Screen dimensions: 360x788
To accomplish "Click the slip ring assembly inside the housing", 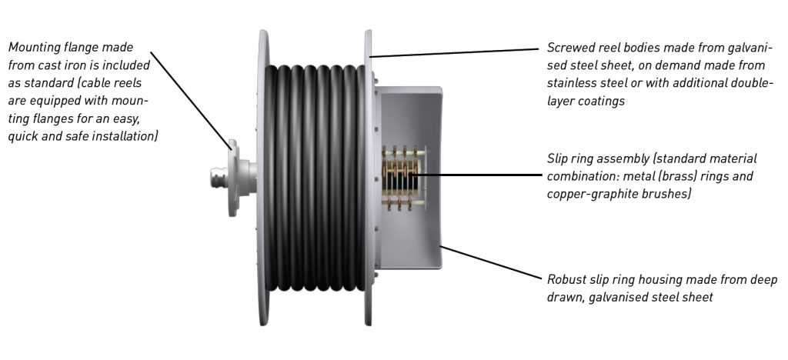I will [402, 178].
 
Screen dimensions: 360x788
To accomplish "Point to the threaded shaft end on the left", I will [219, 177].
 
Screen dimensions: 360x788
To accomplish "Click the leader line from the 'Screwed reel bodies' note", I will [454, 52].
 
